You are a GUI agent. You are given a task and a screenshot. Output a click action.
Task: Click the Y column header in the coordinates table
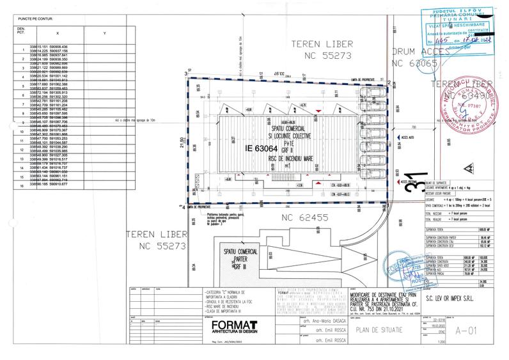pos(104,33)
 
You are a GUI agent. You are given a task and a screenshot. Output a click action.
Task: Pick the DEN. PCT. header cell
pos(21,32)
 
